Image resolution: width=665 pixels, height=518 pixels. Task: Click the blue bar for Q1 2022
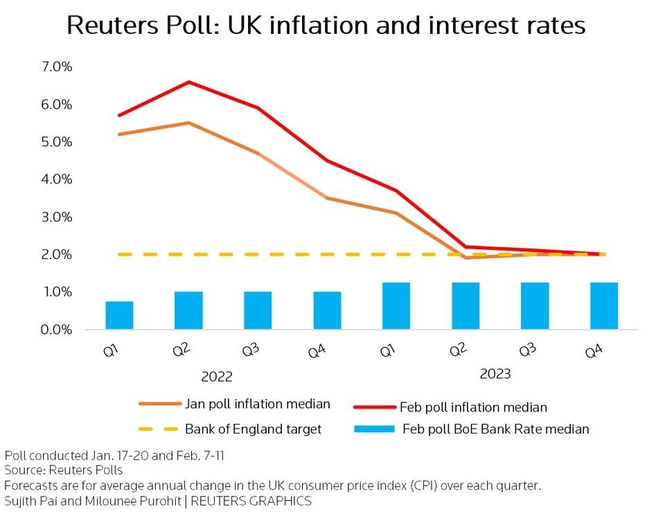pos(119,315)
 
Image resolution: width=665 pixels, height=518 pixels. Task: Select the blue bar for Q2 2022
pos(188,310)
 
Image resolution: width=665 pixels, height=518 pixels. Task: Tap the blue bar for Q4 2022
pos(327,310)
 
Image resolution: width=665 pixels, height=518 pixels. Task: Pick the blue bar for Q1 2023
pos(396,306)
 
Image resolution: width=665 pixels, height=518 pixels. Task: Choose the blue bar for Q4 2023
pos(604,306)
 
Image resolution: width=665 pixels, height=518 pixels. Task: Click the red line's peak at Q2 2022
pos(188,82)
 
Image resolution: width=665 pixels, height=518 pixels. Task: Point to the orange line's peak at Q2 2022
pos(188,123)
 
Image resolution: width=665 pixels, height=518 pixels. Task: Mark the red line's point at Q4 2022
pos(327,161)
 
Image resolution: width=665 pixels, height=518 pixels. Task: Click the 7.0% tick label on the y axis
pos(57,67)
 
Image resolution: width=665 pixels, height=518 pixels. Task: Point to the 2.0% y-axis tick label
pos(57,255)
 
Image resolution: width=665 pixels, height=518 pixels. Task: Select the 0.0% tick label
pos(57,330)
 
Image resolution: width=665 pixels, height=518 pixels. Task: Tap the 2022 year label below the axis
pos(217,377)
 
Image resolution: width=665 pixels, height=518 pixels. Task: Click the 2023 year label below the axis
pos(495,375)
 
